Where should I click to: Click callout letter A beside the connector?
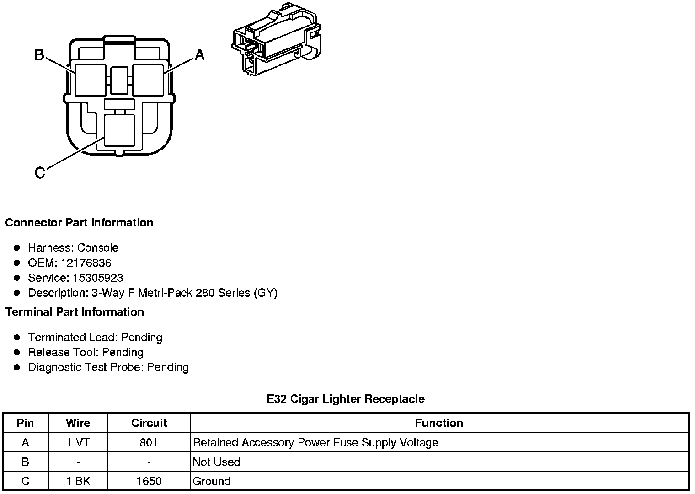coord(200,55)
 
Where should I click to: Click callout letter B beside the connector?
coord(39,55)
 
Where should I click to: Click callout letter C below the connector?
coord(40,173)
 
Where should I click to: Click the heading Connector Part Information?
coord(79,223)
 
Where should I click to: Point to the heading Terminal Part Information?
coord(75,312)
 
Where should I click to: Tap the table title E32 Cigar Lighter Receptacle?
coord(346,399)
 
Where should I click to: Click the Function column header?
coord(439,423)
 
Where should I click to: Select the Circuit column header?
coord(149,423)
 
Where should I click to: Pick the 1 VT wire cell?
coord(78,443)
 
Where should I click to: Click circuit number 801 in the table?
coord(149,443)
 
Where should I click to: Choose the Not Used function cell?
coord(217,462)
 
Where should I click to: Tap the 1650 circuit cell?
coord(149,481)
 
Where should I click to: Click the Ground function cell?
coord(212,481)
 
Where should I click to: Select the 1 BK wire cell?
coord(78,481)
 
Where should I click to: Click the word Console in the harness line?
coord(98,248)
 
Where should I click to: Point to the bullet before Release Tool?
coord(17,353)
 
